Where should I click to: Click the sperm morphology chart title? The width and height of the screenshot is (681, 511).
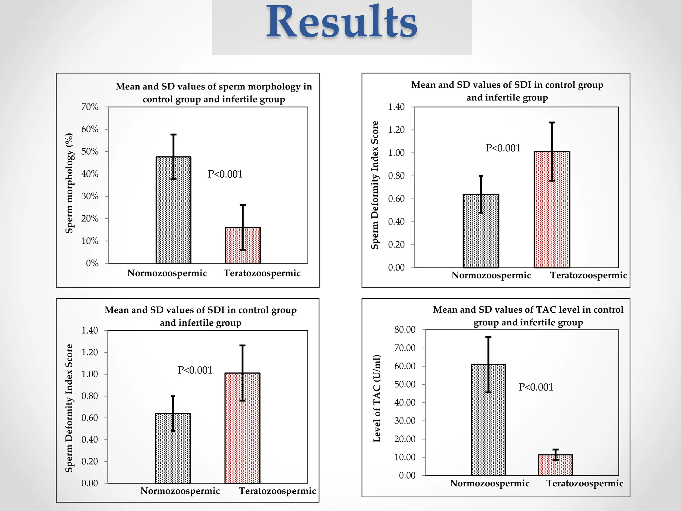pos(214,93)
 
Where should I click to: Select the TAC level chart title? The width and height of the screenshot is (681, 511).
pos(528,316)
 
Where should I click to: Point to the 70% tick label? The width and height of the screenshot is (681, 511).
pos(90,107)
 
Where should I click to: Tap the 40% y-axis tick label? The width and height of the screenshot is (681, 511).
pos(90,174)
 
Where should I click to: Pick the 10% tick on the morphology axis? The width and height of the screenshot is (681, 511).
pos(90,241)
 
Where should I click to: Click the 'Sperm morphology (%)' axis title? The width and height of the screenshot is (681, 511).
pos(69,183)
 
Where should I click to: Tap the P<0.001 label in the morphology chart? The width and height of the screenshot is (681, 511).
pos(225,174)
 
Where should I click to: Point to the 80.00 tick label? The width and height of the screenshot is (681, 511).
pos(405,330)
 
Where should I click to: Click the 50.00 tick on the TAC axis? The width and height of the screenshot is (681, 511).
pos(405,384)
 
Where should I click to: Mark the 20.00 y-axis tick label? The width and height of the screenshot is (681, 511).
pos(405,439)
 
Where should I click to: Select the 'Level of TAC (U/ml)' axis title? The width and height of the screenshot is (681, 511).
pos(377,398)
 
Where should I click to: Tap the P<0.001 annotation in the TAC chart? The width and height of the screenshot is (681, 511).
pos(536,387)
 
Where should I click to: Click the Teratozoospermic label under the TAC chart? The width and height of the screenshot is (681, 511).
pos(585,483)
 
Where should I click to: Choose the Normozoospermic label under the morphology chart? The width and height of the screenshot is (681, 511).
pos(167,273)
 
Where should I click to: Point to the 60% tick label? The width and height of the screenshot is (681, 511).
pos(90,129)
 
